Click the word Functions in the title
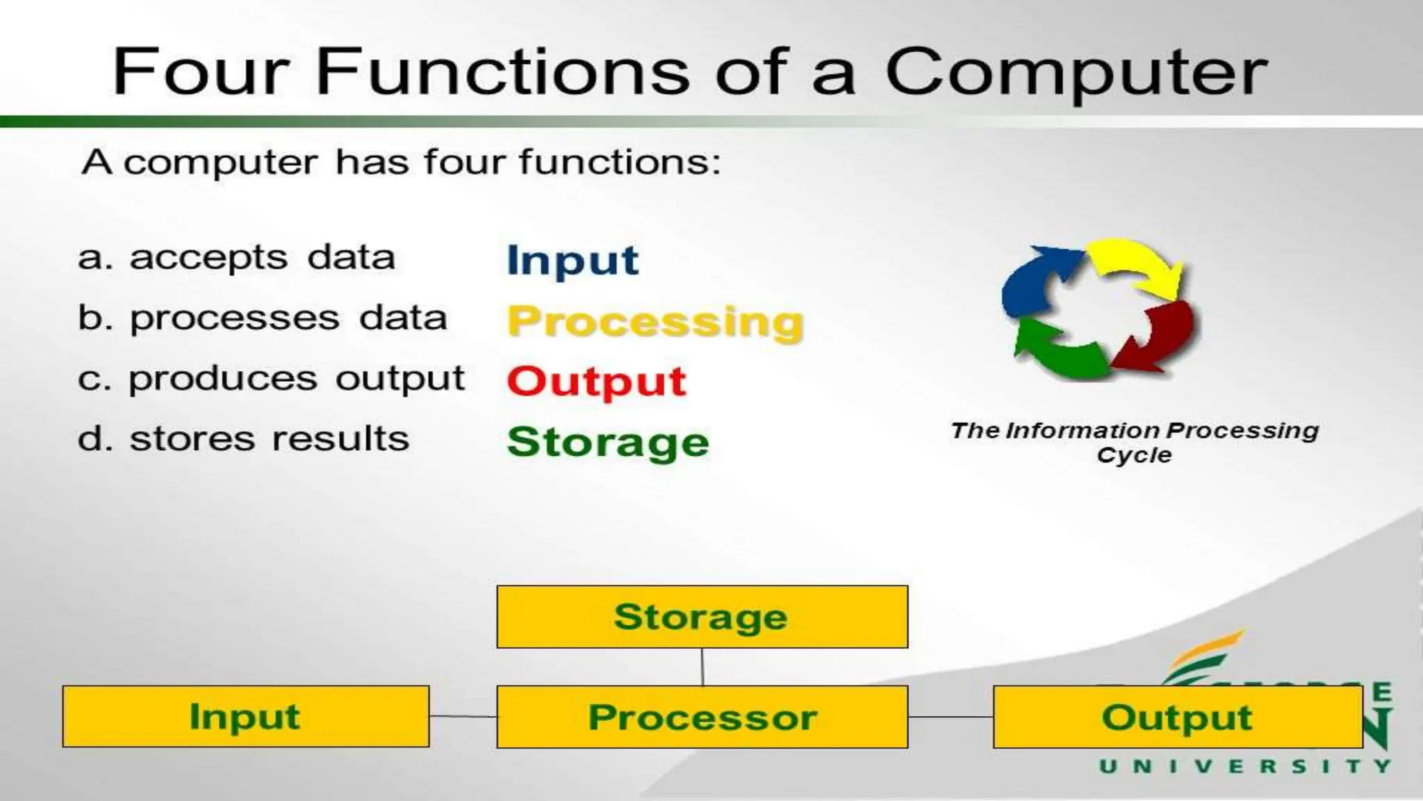pyautogui.click(x=502, y=71)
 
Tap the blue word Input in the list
pyautogui.click(x=572, y=261)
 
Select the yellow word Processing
pyautogui.click(x=655, y=322)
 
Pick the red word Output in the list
pyautogui.click(x=596, y=382)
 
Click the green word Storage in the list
pyautogui.click(x=608, y=442)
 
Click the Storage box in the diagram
pyautogui.click(x=702, y=617)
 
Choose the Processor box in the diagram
pyautogui.click(x=702, y=717)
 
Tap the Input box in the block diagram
pyautogui.click(x=245, y=717)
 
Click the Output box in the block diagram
pyautogui.click(x=1177, y=717)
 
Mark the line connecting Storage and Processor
pyautogui.click(x=702, y=667)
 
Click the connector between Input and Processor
pyautogui.click(x=463, y=716)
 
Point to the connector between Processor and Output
pyautogui.click(x=950, y=717)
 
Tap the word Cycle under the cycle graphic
pyautogui.click(x=1134, y=455)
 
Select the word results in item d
pyautogui.click(x=340, y=439)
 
